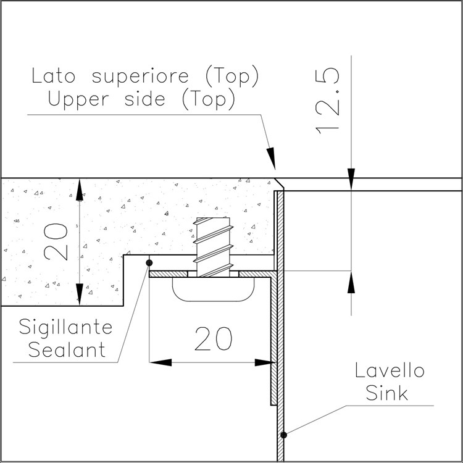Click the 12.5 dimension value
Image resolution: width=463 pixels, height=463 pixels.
pyautogui.click(x=327, y=101)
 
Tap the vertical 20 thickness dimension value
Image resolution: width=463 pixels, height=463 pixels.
pyautogui.click(x=56, y=242)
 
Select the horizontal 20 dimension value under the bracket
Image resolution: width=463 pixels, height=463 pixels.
pyautogui.click(x=213, y=338)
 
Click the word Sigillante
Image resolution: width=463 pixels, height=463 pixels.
pyautogui.click(x=65, y=328)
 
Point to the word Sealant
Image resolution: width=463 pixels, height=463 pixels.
pyautogui.click(x=67, y=349)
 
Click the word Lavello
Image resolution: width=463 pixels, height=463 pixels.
pyautogui.click(x=390, y=370)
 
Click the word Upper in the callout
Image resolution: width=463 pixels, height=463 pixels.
pyautogui.click(x=78, y=100)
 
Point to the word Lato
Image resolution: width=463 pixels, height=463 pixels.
pyautogui.click(x=54, y=75)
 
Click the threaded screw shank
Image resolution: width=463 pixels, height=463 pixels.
pyautogui.click(x=213, y=247)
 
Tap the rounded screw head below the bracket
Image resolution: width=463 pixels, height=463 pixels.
pyautogui.click(x=213, y=290)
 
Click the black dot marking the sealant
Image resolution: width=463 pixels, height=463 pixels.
pyautogui.click(x=149, y=262)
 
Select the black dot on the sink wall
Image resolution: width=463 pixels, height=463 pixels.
pyautogui.click(x=283, y=435)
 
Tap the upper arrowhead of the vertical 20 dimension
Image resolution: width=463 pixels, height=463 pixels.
pyautogui.click(x=80, y=190)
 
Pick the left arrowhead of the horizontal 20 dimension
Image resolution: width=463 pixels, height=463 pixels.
pyautogui.click(x=161, y=362)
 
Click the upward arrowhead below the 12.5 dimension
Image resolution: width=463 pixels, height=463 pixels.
pyautogui.click(x=351, y=282)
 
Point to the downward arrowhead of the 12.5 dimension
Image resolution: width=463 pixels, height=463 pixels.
pyautogui.click(x=351, y=179)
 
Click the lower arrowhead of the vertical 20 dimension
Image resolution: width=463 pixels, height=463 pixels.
pyautogui.click(x=80, y=294)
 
